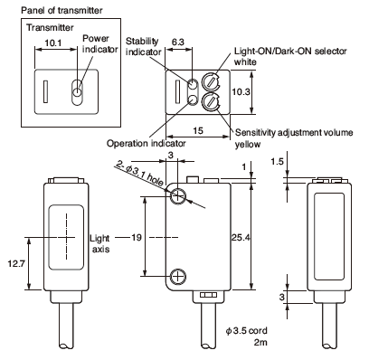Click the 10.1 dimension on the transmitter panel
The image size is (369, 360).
point(53,43)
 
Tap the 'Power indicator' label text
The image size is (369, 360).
point(99,43)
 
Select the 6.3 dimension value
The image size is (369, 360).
point(178,42)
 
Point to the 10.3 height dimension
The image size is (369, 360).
point(241,92)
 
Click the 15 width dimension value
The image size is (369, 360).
point(198,130)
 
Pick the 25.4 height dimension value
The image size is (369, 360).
point(241,238)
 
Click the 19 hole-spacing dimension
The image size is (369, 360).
point(137,238)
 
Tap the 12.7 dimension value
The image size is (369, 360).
point(16,264)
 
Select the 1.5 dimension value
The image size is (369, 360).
point(277,162)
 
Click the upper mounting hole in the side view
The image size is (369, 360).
point(178,196)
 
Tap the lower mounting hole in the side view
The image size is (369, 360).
point(178,276)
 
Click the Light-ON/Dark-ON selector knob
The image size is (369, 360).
point(211,81)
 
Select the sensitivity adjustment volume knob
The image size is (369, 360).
point(211,102)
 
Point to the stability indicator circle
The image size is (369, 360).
point(193,83)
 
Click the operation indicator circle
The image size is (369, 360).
point(193,99)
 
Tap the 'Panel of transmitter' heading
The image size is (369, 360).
point(61,11)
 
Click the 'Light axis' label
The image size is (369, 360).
point(99,243)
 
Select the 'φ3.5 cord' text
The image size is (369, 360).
point(247,331)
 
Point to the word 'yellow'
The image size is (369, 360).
point(248,144)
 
